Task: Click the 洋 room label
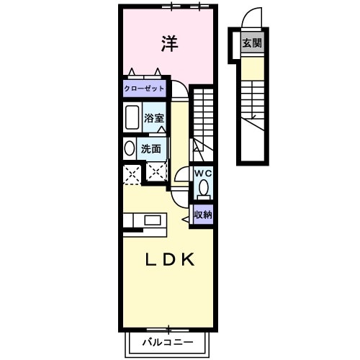(x=168, y=44)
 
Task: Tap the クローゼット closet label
(x=144, y=89)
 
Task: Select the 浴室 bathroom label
(x=154, y=117)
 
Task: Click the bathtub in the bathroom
(x=132, y=117)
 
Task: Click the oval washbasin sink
(x=129, y=149)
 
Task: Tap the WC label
(x=203, y=174)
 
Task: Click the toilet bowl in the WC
(x=203, y=189)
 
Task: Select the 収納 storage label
(x=202, y=215)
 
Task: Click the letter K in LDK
(x=188, y=260)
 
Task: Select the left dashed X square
(x=131, y=174)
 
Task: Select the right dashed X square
(x=156, y=171)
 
